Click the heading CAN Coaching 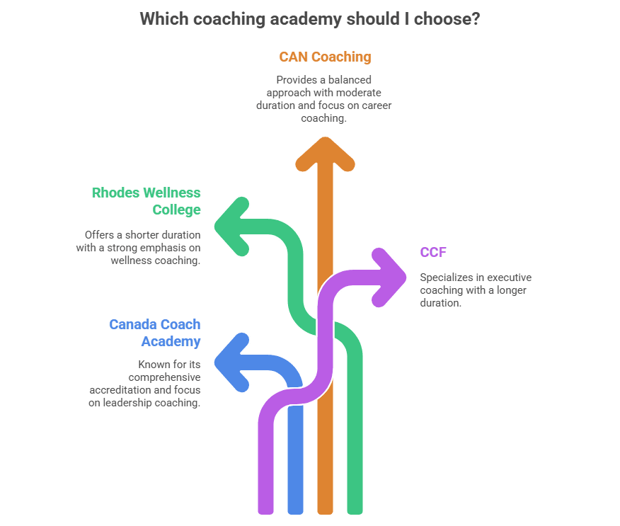click(x=325, y=57)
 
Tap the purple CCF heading click(x=432, y=252)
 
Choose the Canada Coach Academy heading click(x=155, y=333)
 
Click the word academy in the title click(x=306, y=18)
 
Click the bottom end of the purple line click(x=265, y=508)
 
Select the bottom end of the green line click(x=355, y=508)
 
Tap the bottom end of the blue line click(x=294, y=508)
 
